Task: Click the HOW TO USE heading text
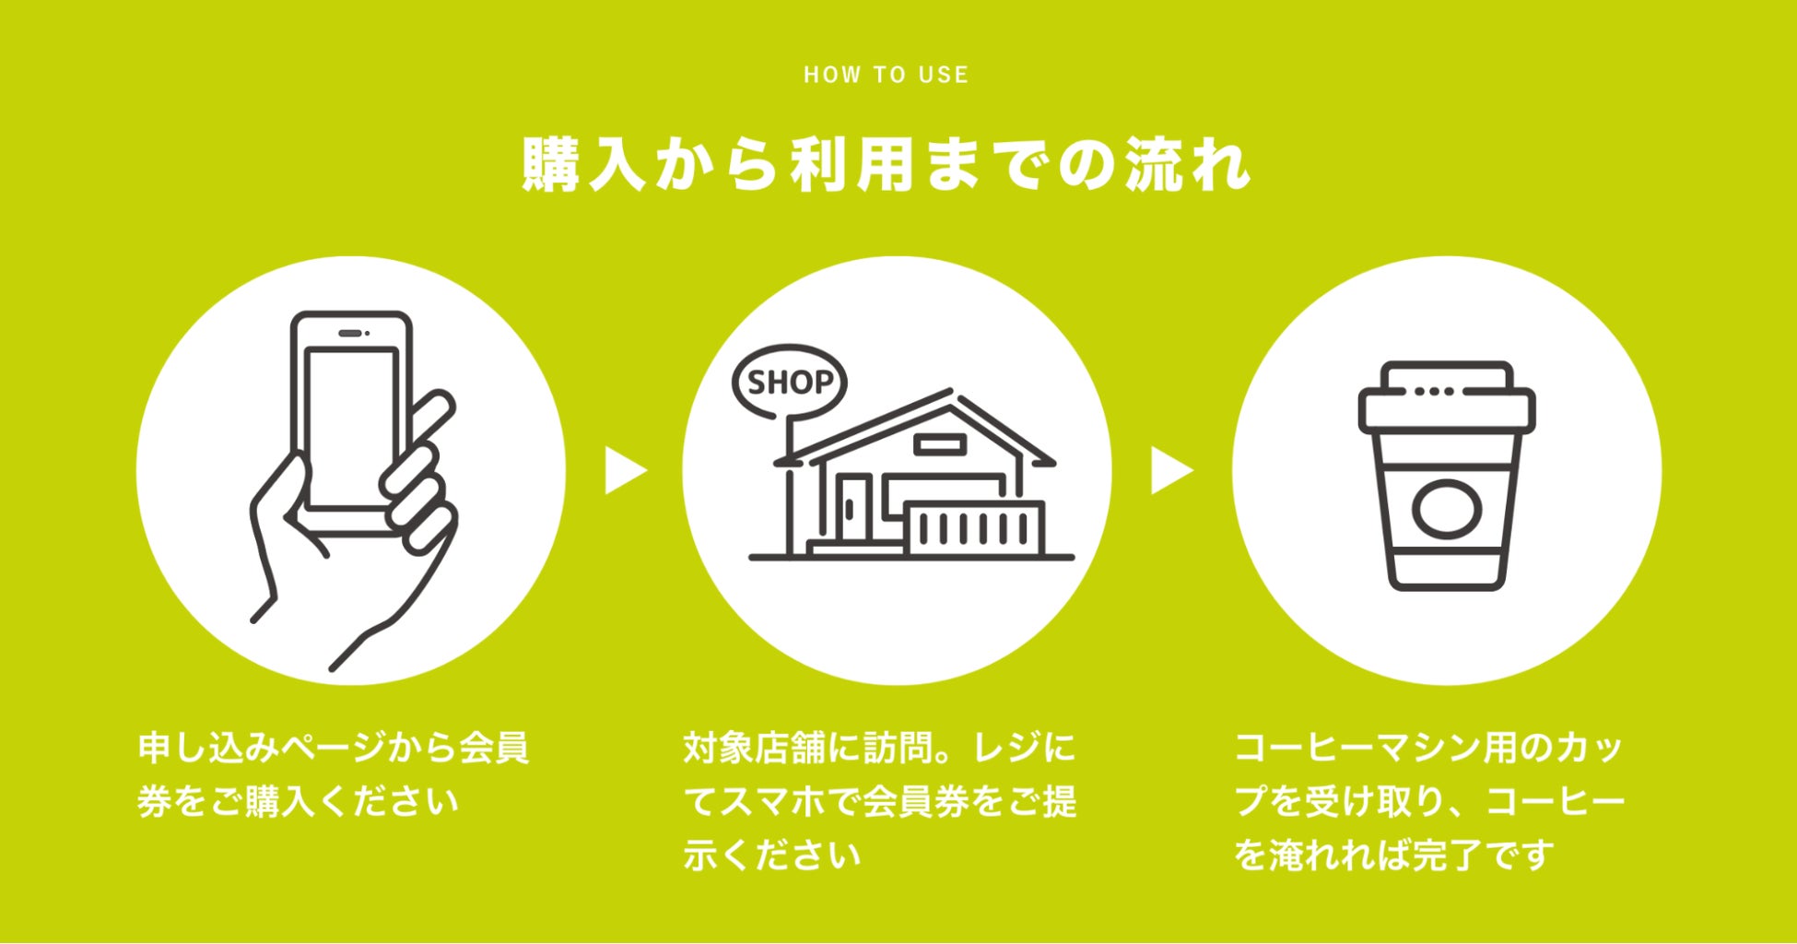point(886,75)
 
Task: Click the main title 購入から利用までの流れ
point(886,166)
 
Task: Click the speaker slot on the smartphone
point(350,333)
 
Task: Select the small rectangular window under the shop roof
point(940,445)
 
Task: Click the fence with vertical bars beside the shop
point(975,528)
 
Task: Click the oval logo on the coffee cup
point(1447,509)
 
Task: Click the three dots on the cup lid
point(1434,391)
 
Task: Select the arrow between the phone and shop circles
point(625,470)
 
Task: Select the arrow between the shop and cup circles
point(1170,470)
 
